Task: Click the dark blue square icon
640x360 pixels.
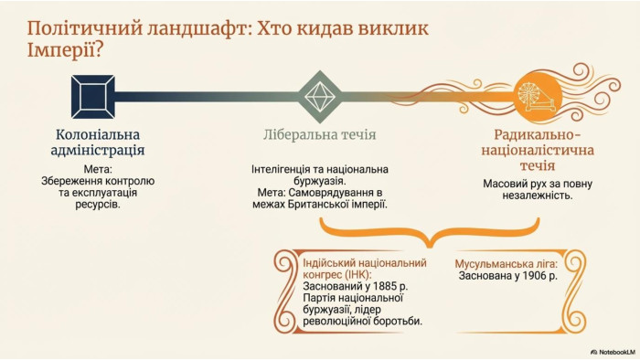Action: coord(92,97)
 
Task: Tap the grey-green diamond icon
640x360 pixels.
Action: coord(320,97)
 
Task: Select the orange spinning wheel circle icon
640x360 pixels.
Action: coord(538,96)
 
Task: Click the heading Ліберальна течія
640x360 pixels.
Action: coord(320,134)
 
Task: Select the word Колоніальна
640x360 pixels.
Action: coord(98,134)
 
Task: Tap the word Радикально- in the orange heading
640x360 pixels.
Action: coord(538,134)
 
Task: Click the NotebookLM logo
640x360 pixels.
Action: coord(613,352)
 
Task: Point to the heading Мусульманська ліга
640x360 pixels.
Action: coord(507,264)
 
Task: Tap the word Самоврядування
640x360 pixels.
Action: coord(336,193)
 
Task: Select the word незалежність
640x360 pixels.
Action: coord(538,196)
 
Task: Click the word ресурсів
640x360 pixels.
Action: coord(98,204)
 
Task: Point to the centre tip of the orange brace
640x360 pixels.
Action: coord(430,246)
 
